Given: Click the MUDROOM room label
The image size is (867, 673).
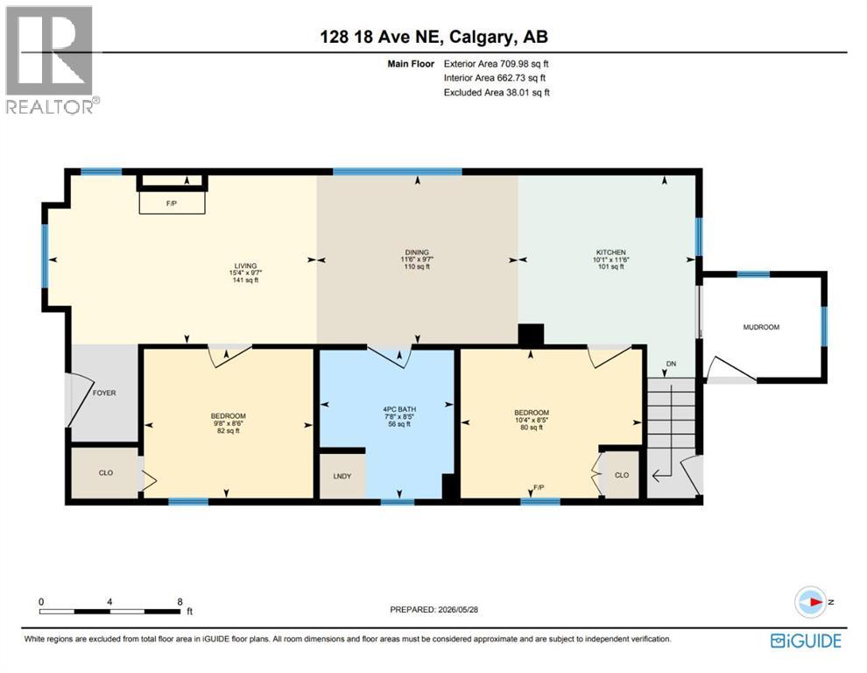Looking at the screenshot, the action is pyautogui.click(x=761, y=327).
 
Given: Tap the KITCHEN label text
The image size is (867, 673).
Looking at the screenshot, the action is pyautogui.click(x=610, y=252).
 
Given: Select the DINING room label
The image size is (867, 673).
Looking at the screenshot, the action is pyautogui.click(x=416, y=252).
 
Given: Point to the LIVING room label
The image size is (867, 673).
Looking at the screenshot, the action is pyautogui.click(x=245, y=266).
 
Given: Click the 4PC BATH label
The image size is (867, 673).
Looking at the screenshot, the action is pyautogui.click(x=399, y=409).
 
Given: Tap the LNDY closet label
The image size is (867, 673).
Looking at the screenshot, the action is pyautogui.click(x=342, y=476).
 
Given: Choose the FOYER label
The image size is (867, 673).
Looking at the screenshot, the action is pyautogui.click(x=104, y=393).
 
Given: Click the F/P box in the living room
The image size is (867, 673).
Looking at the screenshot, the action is pyautogui.click(x=172, y=203).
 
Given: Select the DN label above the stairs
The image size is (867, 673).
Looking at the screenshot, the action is pyautogui.click(x=671, y=364).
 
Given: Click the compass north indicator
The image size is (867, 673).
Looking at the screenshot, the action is pyautogui.click(x=811, y=602).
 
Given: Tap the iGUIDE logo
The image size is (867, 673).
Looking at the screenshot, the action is pyautogui.click(x=806, y=641).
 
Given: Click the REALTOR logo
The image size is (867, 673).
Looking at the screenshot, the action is pyautogui.click(x=52, y=60).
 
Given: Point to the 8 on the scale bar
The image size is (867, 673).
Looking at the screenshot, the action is pyautogui.click(x=180, y=602).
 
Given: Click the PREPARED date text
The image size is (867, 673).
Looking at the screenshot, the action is pyautogui.click(x=434, y=609).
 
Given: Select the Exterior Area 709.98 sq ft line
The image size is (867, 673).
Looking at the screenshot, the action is pyautogui.click(x=496, y=64).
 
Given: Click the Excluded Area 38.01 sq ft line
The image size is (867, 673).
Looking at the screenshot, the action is pyautogui.click(x=497, y=92).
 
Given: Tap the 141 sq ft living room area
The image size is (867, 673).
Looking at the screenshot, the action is pyautogui.click(x=245, y=280).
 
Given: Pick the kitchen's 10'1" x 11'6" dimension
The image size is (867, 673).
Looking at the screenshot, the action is pyautogui.click(x=610, y=259).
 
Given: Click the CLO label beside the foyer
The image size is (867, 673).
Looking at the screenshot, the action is pyautogui.click(x=106, y=472).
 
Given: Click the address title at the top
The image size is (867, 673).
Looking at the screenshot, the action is pyautogui.click(x=434, y=37).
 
